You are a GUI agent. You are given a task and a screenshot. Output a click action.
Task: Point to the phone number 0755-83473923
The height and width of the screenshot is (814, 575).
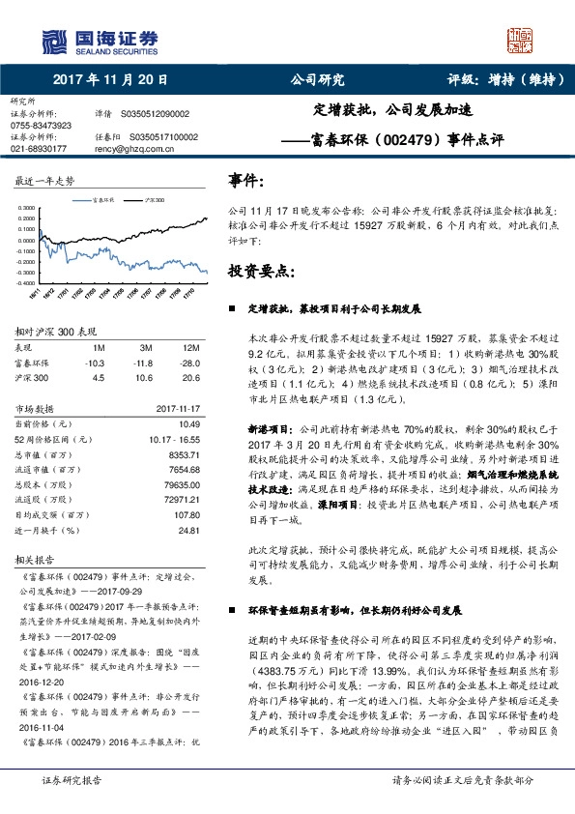pyautogui.click(x=40, y=125)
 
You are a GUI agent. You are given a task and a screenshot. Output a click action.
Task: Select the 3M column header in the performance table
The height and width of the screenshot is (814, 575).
pyautogui.click(x=146, y=347)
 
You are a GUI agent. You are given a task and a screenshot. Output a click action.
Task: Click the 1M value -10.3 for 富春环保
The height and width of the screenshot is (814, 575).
pyautogui.click(x=95, y=363)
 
